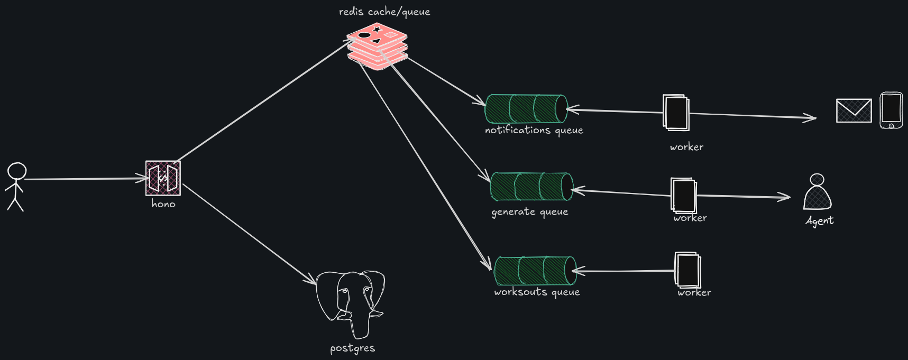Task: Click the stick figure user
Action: click(x=16, y=187)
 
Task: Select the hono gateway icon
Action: click(x=163, y=178)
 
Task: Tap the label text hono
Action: click(x=163, y=204)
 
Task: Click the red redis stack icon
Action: click(x=377, y=47)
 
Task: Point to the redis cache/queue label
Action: click(x=384, y=12)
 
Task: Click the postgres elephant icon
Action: click(x=351, y=304)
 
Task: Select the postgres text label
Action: click(x=352, y=348)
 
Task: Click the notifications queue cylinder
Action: click(x=526, y=108)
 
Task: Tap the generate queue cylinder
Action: click(x=531, y=186)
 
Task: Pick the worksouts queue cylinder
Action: click(x=535, y=270)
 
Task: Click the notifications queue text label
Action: click(x=534, y=130)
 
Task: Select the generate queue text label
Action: click(x=530, y=212)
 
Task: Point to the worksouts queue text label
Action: click(x=537, y=292)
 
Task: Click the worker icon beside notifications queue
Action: click(x=676, y=113)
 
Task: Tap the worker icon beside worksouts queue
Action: click(x=687, y=270)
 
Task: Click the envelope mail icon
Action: click(x=854, y=110)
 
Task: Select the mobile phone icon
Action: click(x=891, y=110)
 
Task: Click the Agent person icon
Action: click(x=817, y=192)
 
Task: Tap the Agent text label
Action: click(x=819, y=221)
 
